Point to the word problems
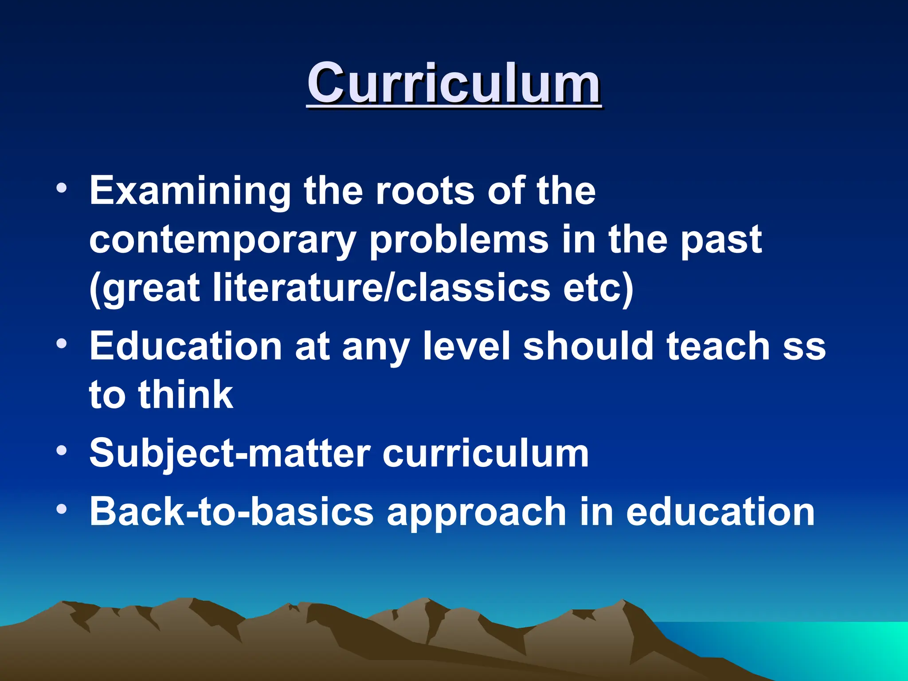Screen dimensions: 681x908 459,240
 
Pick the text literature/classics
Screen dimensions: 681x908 381,288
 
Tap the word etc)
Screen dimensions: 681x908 598,288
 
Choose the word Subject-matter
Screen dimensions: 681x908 230,453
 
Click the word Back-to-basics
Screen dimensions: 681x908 231,512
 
